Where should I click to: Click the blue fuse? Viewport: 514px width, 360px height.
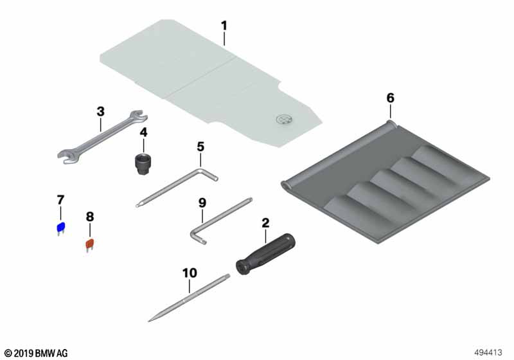tap(61, 228)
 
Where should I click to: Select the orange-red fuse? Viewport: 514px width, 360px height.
tap(90, 245)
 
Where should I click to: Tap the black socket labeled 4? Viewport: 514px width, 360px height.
tap(143, 163)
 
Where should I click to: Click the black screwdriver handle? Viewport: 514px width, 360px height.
tap(266, 254)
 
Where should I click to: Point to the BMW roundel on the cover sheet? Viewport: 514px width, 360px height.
tap(283, 120)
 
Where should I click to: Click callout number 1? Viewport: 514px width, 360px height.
tap(224, 26)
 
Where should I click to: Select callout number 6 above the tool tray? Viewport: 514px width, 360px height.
tap(390, 98)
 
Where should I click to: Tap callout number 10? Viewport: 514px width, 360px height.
tap(190, 273)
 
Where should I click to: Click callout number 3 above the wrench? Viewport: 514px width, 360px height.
tap(101, 111)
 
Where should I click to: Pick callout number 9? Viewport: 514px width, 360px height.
tap(202, 203)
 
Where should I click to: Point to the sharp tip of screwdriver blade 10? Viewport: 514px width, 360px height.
tap(149, 321)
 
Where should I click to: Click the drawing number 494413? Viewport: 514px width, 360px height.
tap(488, 352)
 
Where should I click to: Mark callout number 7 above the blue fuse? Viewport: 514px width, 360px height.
tap(60, 200)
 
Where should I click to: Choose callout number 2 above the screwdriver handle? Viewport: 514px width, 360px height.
tap(265, 223)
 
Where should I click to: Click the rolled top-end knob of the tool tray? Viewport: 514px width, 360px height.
tap(391, 124)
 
